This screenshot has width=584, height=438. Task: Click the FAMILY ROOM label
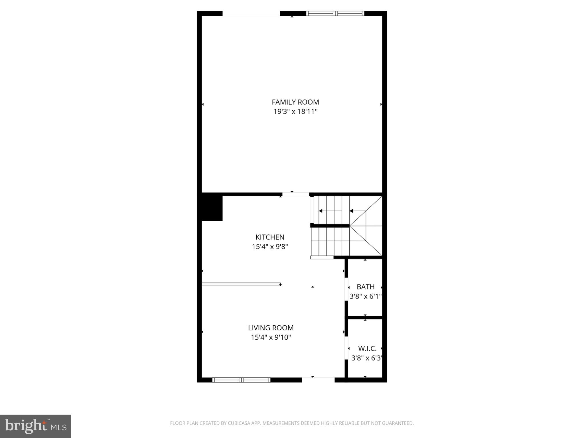295,102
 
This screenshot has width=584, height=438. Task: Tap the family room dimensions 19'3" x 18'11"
295,111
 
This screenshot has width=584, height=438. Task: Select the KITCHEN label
270,237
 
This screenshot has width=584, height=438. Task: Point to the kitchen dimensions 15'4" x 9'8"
270,247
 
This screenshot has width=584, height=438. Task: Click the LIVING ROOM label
271,328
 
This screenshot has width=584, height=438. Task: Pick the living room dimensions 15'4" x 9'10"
271,337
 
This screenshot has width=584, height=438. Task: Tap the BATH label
366,287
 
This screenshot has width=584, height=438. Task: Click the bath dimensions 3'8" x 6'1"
366,296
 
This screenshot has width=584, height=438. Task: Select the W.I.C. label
367,348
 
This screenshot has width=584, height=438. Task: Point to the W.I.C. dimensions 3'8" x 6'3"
366,358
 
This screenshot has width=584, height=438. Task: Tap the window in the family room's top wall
335,13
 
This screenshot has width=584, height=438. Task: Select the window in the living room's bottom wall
241,380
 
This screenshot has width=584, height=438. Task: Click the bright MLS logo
36,426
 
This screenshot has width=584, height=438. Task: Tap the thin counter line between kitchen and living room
241,284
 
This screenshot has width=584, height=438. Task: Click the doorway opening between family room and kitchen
295,194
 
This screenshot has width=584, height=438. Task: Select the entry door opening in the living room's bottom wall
318,380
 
